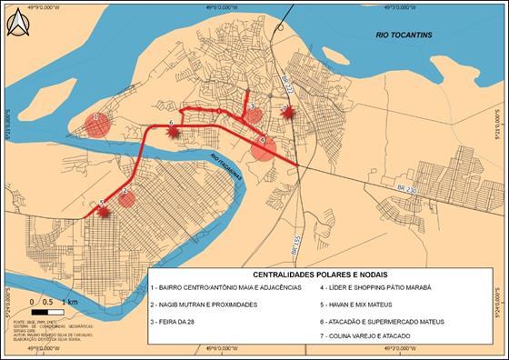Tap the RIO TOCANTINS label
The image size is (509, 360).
coord(406,35)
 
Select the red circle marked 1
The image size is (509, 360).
coord(97,124)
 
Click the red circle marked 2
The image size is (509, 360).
coord(126,197)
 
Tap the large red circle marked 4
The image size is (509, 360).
coord(264,147)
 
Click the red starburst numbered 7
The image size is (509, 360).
coord(287,113)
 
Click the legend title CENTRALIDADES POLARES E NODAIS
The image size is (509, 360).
coord(324,275)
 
